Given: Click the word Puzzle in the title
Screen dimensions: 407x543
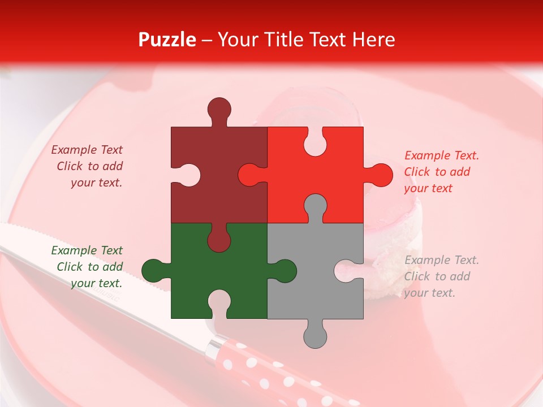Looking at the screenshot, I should pos(167,40).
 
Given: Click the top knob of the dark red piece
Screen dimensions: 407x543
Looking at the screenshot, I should pos(219,109).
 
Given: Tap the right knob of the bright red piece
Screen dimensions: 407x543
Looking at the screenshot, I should pos(380,175).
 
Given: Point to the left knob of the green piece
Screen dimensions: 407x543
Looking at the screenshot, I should pos(153,270).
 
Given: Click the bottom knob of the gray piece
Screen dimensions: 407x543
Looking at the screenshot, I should pos(315,336).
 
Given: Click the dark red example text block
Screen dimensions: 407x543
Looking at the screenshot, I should pos(88,166).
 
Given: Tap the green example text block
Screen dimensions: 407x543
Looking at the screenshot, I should pos(88,267).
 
